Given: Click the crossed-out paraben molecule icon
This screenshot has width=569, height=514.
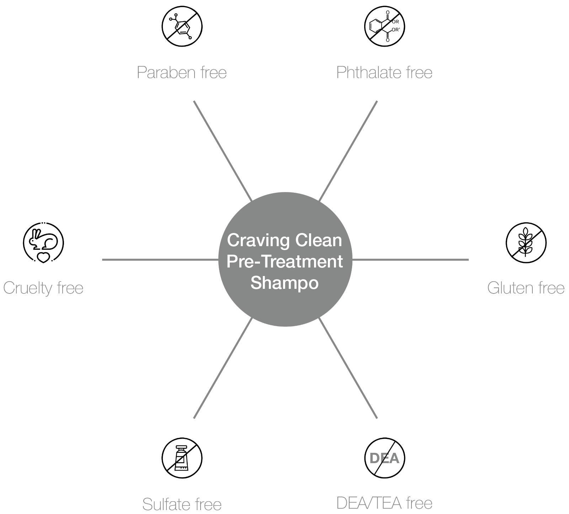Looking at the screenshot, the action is [x=182, y=26].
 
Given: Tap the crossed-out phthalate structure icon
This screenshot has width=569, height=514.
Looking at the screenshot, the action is [x=384, y=26].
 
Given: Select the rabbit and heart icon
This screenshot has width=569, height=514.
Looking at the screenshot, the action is [x=43, y=243].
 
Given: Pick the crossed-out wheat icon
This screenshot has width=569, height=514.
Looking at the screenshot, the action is [x=526, y=243].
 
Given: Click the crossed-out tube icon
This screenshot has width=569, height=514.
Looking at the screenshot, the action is [x=182, y=458].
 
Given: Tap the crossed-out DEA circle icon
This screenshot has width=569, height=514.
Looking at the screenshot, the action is [x=385, y=458].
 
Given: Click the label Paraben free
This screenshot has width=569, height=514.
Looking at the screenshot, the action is [x=182, y=72].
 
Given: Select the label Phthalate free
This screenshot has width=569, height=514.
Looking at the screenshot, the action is [x=384, y=72].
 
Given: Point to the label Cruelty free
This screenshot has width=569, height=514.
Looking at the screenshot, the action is [x=43, y=288].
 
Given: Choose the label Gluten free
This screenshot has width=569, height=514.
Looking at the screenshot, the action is [x=526, y=288].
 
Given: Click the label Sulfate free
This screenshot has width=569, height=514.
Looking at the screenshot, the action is [x=182, y=504].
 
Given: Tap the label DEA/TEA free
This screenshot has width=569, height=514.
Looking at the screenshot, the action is [x=384, y=503].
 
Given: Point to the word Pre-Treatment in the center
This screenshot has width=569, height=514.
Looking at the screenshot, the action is [x=284, y=262].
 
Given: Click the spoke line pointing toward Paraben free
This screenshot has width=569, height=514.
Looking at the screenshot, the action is [x=223, y=151].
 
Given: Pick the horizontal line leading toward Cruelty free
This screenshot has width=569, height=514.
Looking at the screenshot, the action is [x=160, y=260].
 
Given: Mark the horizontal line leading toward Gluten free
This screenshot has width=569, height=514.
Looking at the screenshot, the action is [x=410, y=260].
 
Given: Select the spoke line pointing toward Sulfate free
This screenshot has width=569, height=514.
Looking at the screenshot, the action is [x=223, y=368].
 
